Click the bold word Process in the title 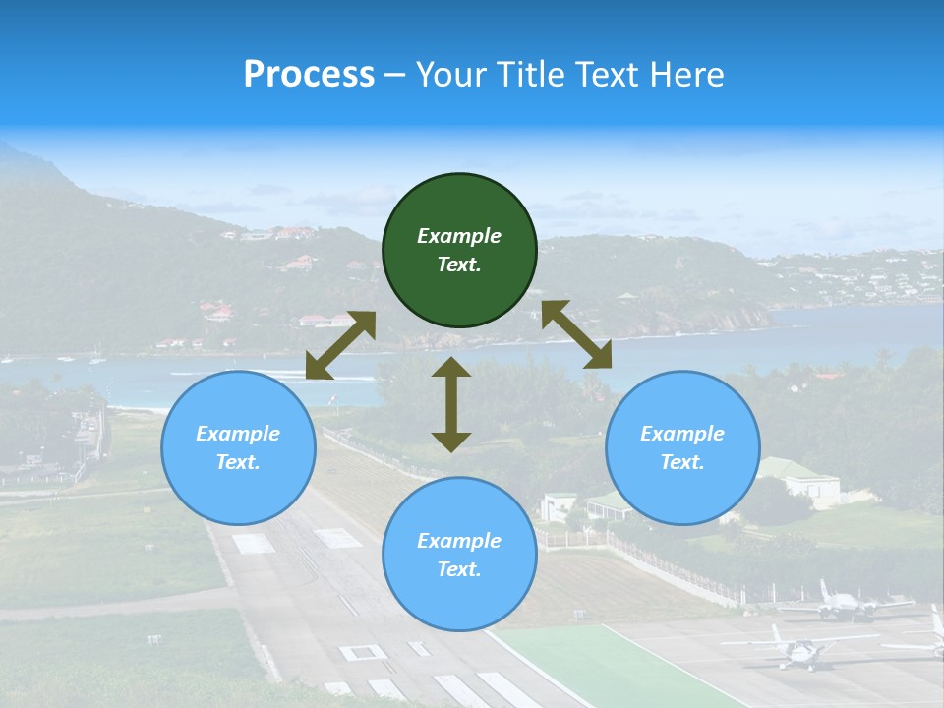[x=309, y=74]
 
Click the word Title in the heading [x=528, y=74]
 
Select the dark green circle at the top [x=459, y=251]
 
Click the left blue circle [x=238, y=447]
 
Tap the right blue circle [x=682, y=447]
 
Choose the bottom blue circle [x=459, y=555]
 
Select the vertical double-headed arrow [x=451, y=404]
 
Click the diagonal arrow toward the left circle [x=340, y=345]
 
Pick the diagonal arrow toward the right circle [x=577, y=335]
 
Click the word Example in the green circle [x=459, y=236]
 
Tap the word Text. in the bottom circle [x=459, y=569]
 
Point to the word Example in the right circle [x=682, y=433]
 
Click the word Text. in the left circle [x=238, y=462]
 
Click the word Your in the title [x=451, y=74]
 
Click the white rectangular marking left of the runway [x=253, y=543]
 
